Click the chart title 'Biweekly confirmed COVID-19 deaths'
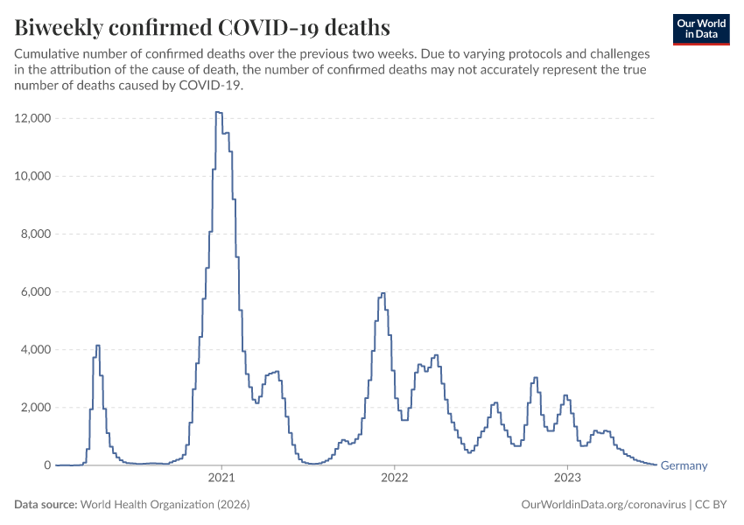(x=202, y=27)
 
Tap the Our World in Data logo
(x=701, y=30)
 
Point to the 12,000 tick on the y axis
(x=32, y=118)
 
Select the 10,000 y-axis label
(x=32, y=176)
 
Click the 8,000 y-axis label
(x=36, y=234)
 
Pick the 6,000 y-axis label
(x=36, y=291)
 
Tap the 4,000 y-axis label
(x=36, y=349)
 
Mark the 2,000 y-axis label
(x=36, y=408)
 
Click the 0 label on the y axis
(x=47, y=465)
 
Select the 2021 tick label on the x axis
(x=221, y=478)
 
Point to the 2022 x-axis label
(x=394, y=478)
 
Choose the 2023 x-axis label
(x=567, y=478)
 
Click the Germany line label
(x=684, y=465)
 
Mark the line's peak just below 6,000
(x=383, y=293)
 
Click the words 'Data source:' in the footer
(x=46, y=504)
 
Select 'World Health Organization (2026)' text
(x=165, y=504)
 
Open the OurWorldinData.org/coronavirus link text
(x=604, y=504)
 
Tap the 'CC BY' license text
(x=711, y=504)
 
